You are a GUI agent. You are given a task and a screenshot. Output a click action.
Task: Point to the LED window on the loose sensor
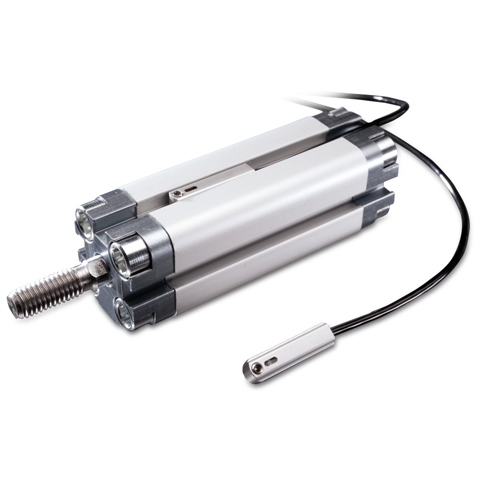point(272,360)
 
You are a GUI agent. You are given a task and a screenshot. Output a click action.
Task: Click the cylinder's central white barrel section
point(260,198)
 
